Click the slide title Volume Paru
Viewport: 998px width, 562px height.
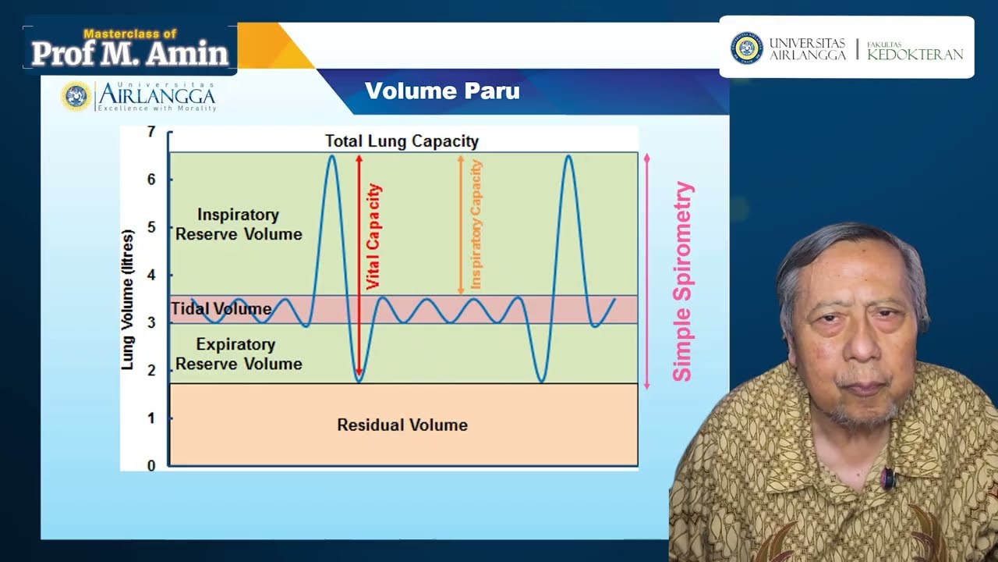(x=442, y=91)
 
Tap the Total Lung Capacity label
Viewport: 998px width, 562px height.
(x=402, y=141)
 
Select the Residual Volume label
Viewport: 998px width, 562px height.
(x=402, y=425)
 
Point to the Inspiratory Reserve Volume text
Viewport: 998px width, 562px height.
(x=239, y=224)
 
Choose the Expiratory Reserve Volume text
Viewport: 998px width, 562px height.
(x=239, y=354)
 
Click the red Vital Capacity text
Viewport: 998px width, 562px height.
(x=373, y=237)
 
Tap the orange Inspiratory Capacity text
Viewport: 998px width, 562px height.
(x=476, y=225)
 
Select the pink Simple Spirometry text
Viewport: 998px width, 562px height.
(x=682, y=282)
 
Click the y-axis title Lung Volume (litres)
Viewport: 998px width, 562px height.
(x=128, y=299)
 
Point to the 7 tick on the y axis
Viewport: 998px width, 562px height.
(x=151, y=131)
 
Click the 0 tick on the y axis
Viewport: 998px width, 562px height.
(x=151, y=466)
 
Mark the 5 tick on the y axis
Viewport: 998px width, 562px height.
(x=151, y=227)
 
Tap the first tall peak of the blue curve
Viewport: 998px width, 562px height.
(x=331, y=157)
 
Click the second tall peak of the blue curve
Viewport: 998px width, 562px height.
(x=568, y=157)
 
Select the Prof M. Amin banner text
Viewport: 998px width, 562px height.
(x=130, y=53)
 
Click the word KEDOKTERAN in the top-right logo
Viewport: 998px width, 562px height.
(x=915, y=55)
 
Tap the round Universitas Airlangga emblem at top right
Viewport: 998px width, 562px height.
(x=746, y=48)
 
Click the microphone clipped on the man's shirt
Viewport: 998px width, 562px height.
(x=887, y=478)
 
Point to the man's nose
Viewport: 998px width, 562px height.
(x=861, y=347)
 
